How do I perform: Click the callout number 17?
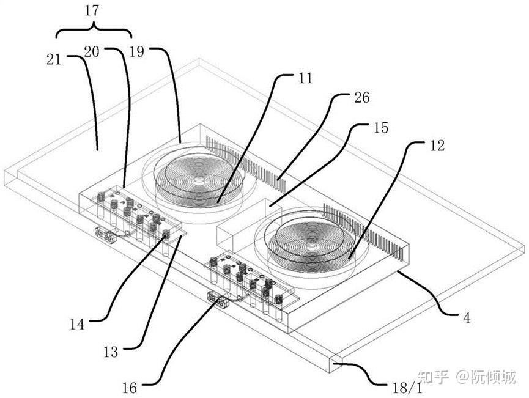point(92,10)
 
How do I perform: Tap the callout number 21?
point(54,59)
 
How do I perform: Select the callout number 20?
point(91,52)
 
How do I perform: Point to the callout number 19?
point(136,52)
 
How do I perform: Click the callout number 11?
point(305,78)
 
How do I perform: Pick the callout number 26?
point(361,97)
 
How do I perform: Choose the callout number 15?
point(381,128)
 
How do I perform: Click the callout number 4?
point(467,318)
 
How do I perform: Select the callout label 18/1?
point(407,388)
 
